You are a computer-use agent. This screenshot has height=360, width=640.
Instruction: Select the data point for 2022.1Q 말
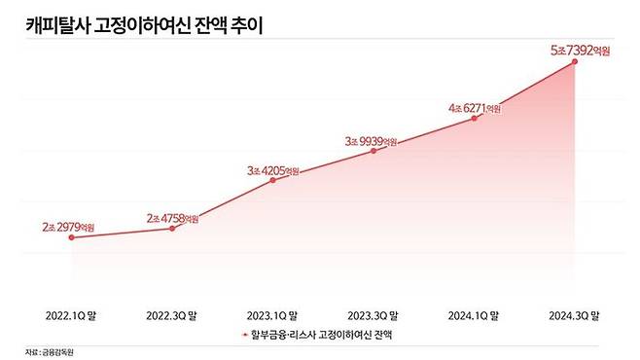coord(72,236)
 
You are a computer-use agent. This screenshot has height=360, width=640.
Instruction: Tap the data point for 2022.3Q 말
coord(173,228)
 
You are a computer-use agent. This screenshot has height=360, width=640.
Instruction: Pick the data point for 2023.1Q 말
coord(273,180)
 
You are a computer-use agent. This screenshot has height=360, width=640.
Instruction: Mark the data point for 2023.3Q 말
coord(374,151)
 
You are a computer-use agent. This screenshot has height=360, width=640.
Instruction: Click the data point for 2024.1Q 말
coord(475,119)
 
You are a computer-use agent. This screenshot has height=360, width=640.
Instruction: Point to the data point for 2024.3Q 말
coord(576,61)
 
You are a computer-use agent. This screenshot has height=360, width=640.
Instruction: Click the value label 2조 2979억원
coord(71,226)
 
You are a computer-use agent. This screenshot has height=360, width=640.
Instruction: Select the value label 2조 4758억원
coord(173,217)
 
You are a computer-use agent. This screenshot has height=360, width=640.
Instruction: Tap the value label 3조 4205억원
coord(273,169)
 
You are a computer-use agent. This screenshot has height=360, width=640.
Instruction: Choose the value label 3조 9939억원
coord(374,140)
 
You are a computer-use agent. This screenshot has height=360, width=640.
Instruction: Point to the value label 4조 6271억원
coord(475,108)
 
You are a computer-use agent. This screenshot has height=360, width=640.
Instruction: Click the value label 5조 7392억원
coord(576,50)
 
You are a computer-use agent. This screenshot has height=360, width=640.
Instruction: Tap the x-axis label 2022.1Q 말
coord(72,315)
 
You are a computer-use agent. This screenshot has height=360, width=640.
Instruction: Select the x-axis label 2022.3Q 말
coord(173,315)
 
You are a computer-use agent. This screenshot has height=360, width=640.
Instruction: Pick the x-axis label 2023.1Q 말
coord(273,315)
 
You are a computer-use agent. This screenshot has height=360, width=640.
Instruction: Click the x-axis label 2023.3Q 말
coord(374,315)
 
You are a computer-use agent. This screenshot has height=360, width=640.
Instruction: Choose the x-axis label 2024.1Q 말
coord(475,315)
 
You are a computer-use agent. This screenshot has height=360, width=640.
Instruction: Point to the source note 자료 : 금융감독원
coord(50,352)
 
